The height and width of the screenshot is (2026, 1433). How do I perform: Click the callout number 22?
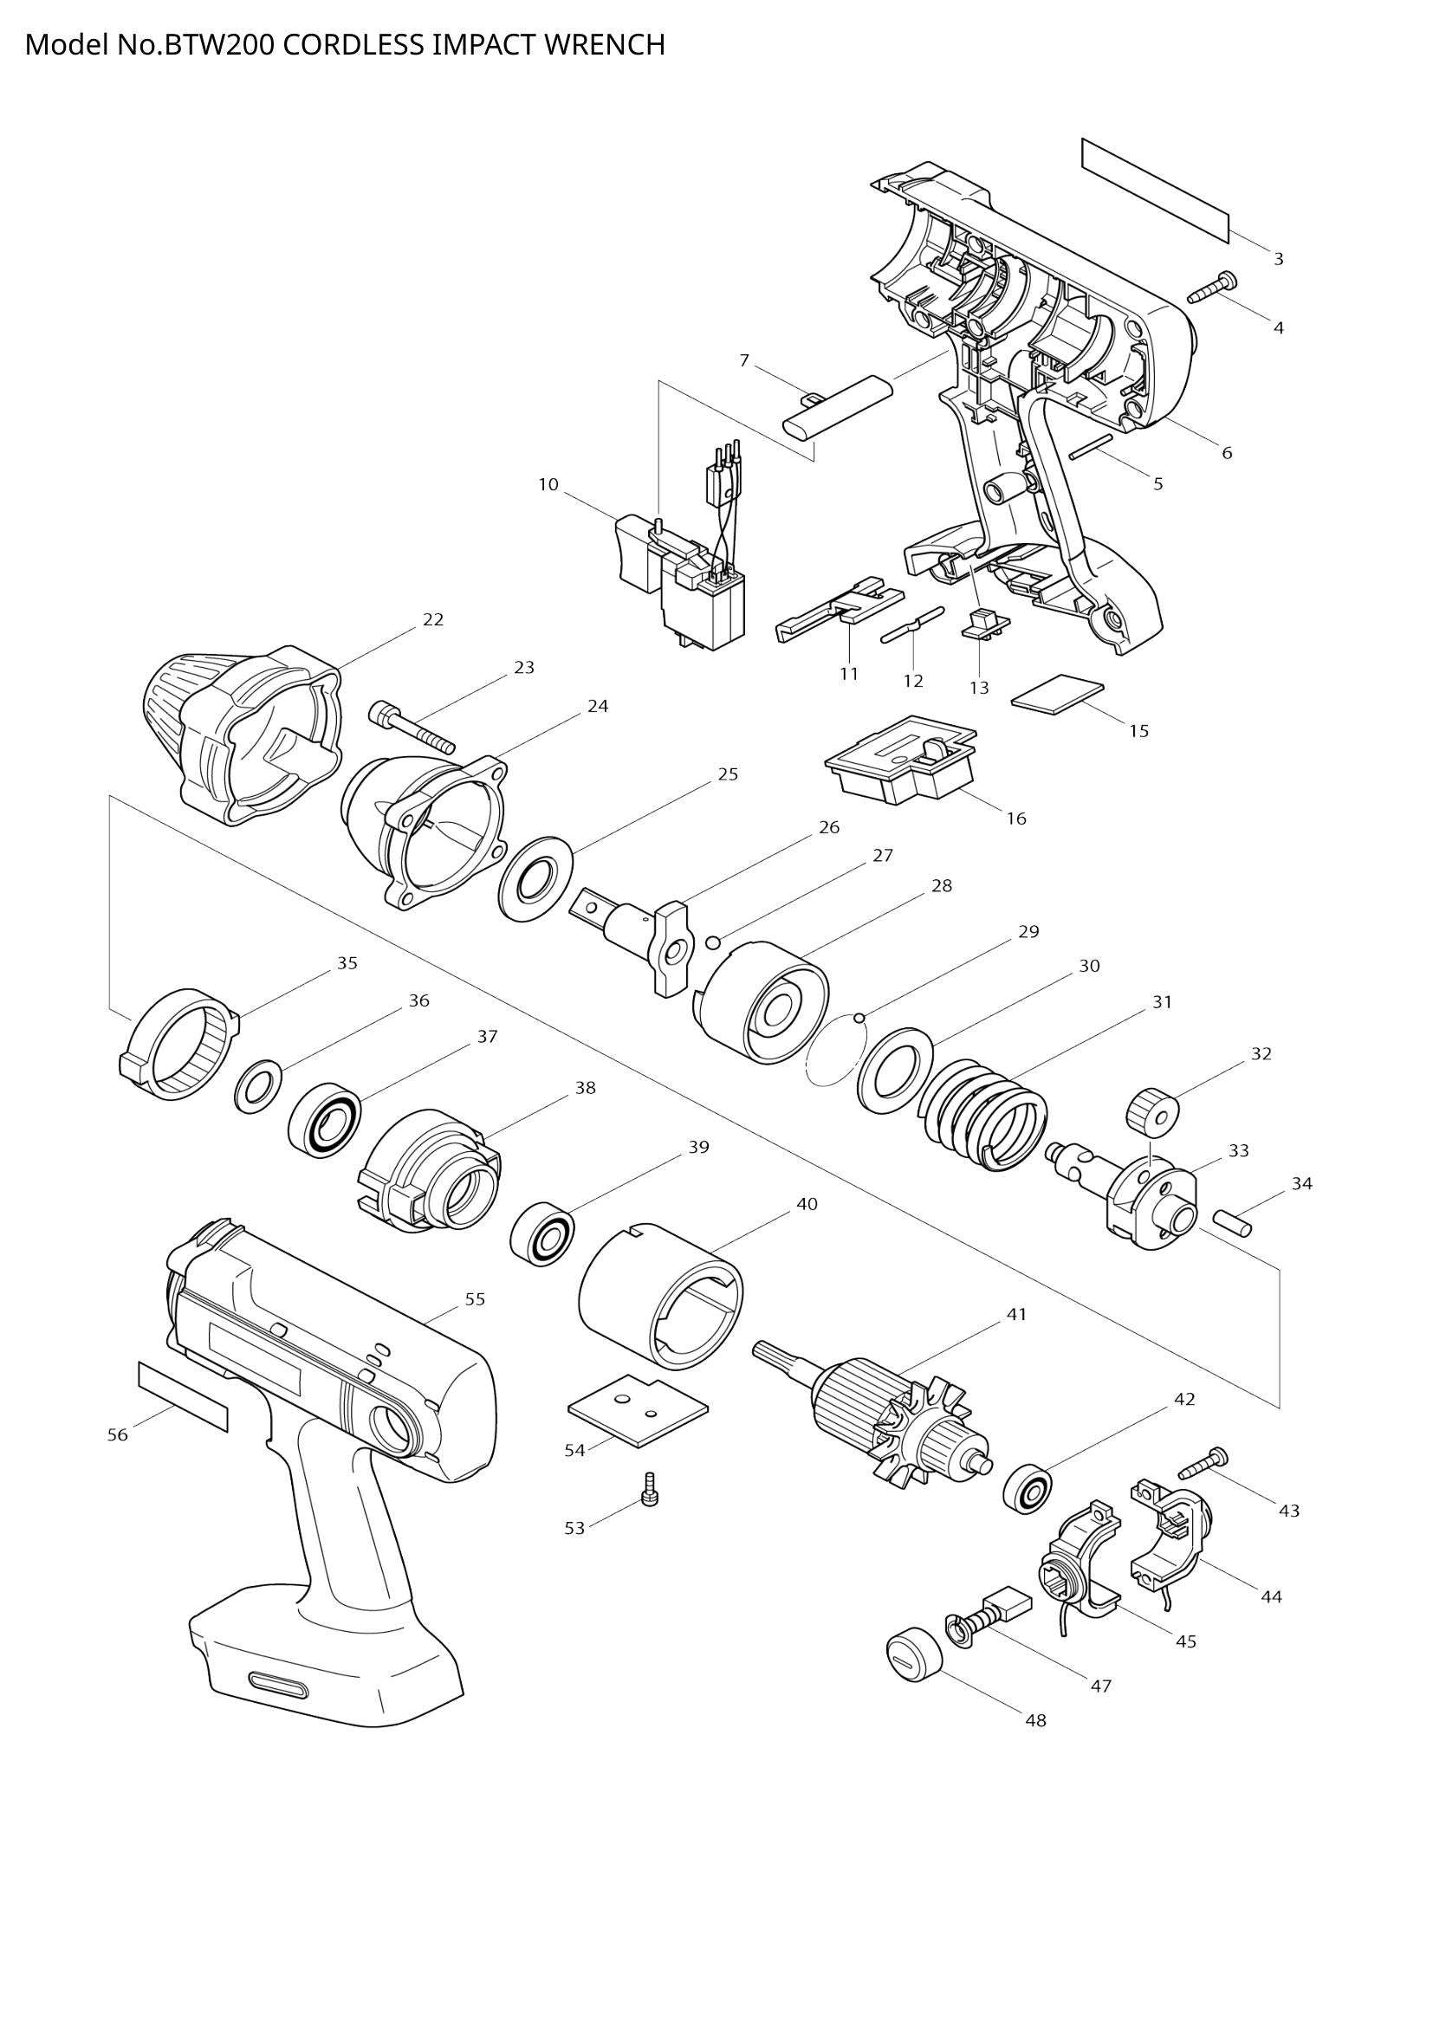coord(432,619)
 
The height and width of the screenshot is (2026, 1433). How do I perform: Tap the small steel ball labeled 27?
coord(714,943)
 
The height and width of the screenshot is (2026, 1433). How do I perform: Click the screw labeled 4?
coord(1212,288)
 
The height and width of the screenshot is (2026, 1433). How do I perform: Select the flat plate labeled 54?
coord(637,1407)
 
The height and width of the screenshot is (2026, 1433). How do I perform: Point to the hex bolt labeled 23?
coord(412,727)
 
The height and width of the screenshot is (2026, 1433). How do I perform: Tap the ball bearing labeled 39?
coord(541,1231)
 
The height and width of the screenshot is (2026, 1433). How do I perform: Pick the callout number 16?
coord(1016,818)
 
